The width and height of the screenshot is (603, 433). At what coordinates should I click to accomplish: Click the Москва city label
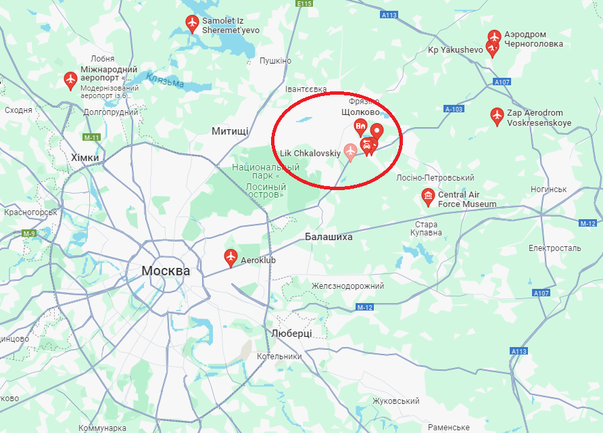166,271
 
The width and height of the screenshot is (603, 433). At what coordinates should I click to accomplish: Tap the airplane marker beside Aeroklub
231,257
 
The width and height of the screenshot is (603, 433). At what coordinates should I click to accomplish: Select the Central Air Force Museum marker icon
427,197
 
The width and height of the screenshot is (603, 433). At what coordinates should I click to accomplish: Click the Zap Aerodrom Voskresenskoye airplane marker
497,116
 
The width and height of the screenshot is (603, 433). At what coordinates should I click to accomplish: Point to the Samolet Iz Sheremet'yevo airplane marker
192,24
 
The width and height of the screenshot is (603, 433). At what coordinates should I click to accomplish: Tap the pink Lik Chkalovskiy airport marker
350,152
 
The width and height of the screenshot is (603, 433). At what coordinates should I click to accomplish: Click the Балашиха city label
329,237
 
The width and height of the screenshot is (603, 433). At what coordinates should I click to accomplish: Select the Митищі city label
230,131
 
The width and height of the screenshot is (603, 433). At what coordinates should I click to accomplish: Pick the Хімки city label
85,157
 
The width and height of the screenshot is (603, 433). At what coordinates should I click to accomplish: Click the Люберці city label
291,334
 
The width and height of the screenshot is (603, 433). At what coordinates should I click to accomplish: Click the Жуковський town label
396,401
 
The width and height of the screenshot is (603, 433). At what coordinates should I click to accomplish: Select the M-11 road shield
92,137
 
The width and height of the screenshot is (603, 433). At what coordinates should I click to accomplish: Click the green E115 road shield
306,3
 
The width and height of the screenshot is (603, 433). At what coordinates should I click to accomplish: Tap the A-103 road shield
454,109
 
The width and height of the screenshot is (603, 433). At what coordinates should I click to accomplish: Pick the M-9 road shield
28,233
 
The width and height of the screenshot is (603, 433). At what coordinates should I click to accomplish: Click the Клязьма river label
164,81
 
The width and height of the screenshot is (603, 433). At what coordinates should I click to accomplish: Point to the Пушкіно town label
275,61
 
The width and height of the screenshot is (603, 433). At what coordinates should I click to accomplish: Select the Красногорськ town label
30,212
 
